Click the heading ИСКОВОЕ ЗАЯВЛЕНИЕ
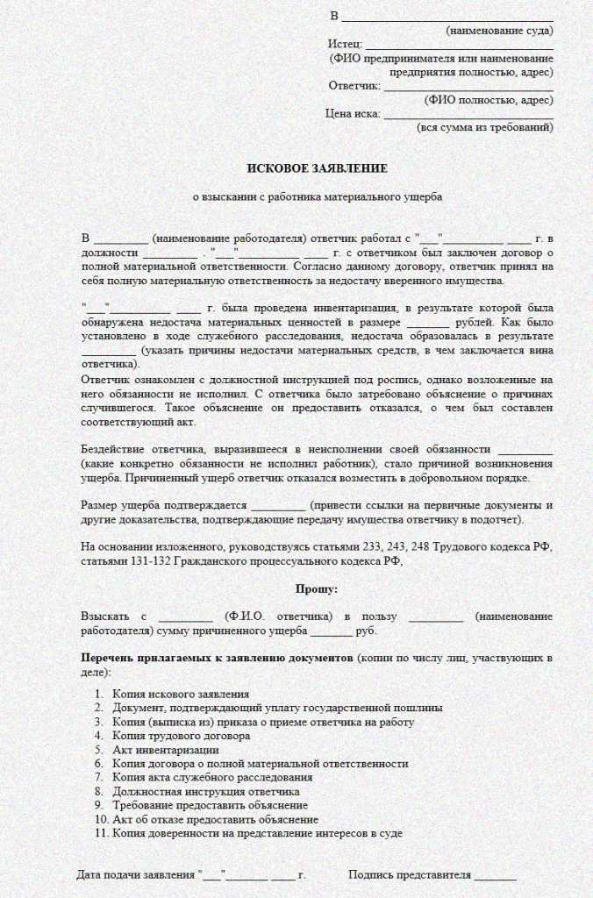pyautogui.click(x=316, y=167)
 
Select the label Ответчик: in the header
pyautogui.click(x=354, y=85)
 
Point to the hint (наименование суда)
pyautogui.click(x=499, y=30)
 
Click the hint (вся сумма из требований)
pyautogui.click(x=484, y=127)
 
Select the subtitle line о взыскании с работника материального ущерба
pyautogui.click(x=317, y=197)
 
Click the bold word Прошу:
pyautogui.click(x=316, y=589)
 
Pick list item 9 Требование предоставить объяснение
pyautogui.click(x=210, y=805)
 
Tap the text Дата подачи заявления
pyautogui.click(x=136, y=875)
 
